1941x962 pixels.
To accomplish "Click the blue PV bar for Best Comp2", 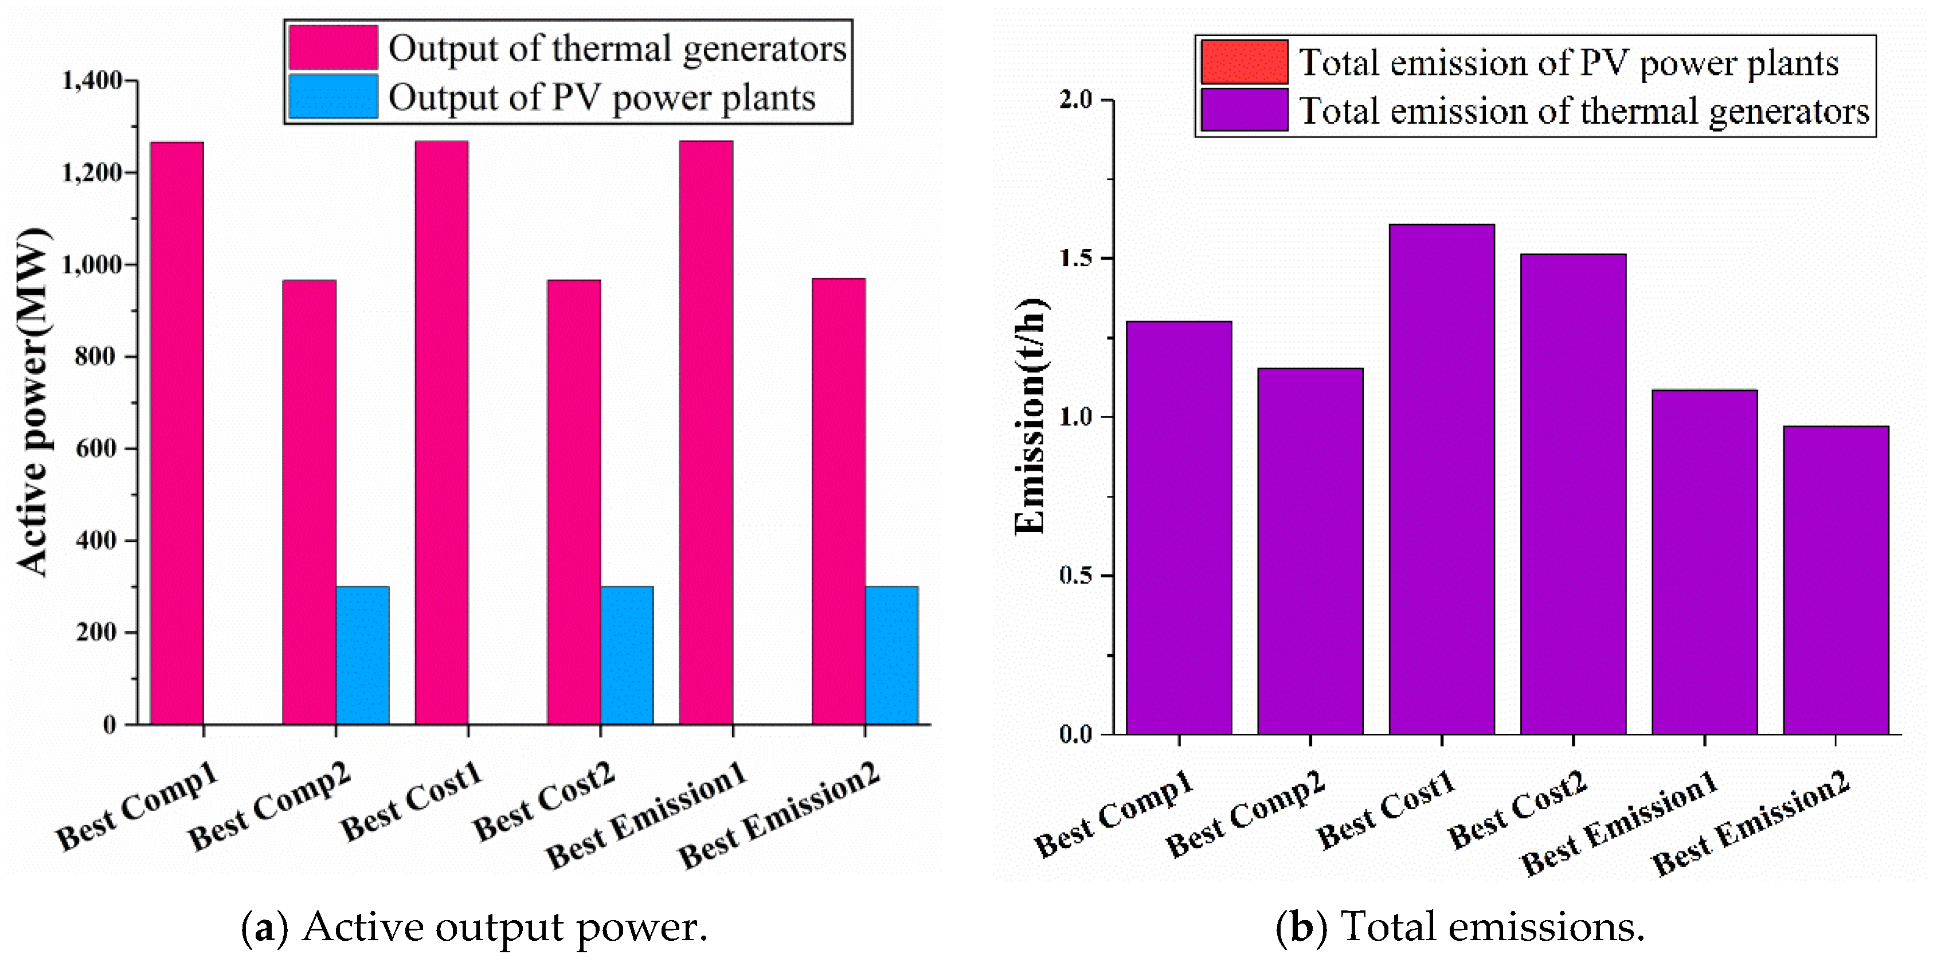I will (x=362, y=655).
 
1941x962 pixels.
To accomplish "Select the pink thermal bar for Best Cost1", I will (x=441, y=433).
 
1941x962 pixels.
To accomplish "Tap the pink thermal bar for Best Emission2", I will (x=838, y=501).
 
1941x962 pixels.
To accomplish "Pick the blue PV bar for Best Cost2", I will (x=627, y=655).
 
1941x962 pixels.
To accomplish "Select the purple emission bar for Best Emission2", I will (x=1836, y=580).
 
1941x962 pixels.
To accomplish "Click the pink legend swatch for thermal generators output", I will (x=332, y=48).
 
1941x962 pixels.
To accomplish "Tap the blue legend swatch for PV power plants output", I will (x=332, y=96).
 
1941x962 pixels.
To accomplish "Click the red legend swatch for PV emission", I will (x=1244, y=62).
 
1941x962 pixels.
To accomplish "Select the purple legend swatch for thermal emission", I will (x=1244, y=110).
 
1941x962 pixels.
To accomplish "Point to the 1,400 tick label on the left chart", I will (x=92, y=80).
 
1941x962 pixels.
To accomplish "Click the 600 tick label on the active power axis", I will (x=99, y=448).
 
